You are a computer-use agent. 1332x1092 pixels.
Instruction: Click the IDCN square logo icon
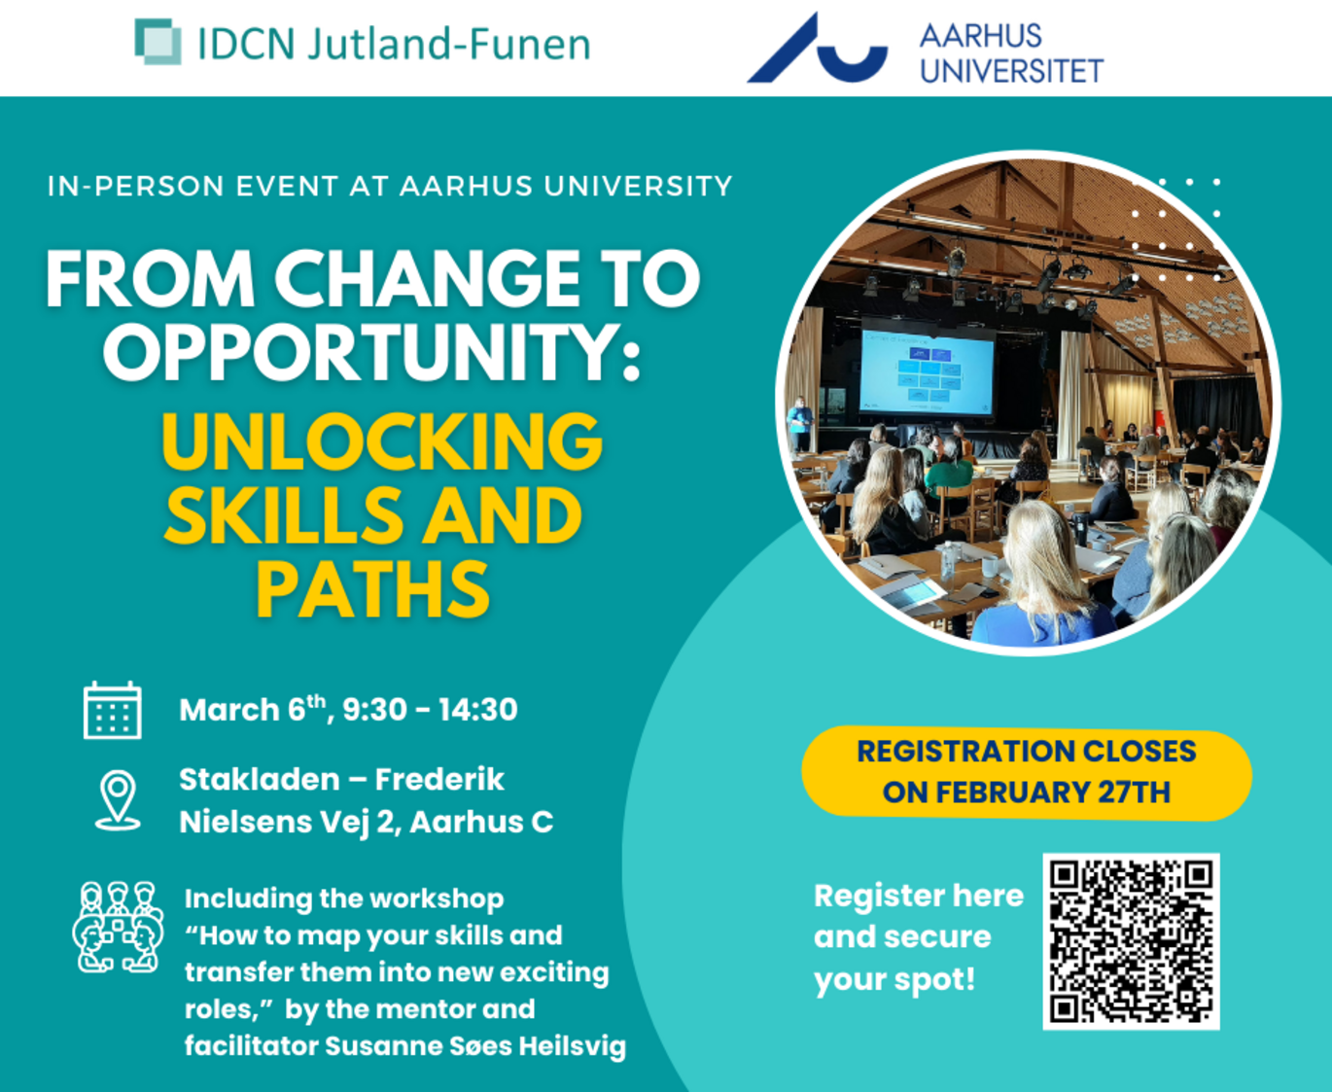point(158,42)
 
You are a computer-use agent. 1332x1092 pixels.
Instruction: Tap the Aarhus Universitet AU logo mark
point(818,48)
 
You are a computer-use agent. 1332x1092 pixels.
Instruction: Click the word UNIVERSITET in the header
point(1011,70)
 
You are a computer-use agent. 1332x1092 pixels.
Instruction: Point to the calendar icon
point(113,710)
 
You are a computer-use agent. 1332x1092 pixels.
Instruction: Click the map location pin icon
point(118,799)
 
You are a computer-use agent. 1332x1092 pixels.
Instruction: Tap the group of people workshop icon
point(118,927)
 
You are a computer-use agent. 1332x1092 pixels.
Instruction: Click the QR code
point(1131,941)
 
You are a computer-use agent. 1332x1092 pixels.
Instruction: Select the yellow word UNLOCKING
point(382,441)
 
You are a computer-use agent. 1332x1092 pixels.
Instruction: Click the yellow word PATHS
point(373,589)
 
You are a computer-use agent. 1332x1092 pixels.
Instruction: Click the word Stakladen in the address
point(260,779)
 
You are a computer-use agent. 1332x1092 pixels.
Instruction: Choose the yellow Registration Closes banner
point(1027,772)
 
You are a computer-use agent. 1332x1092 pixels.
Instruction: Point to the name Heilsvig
point(573,1046)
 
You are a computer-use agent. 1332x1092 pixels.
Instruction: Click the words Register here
point(919,896)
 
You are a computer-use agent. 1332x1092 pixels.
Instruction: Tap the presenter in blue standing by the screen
point(799,423)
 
